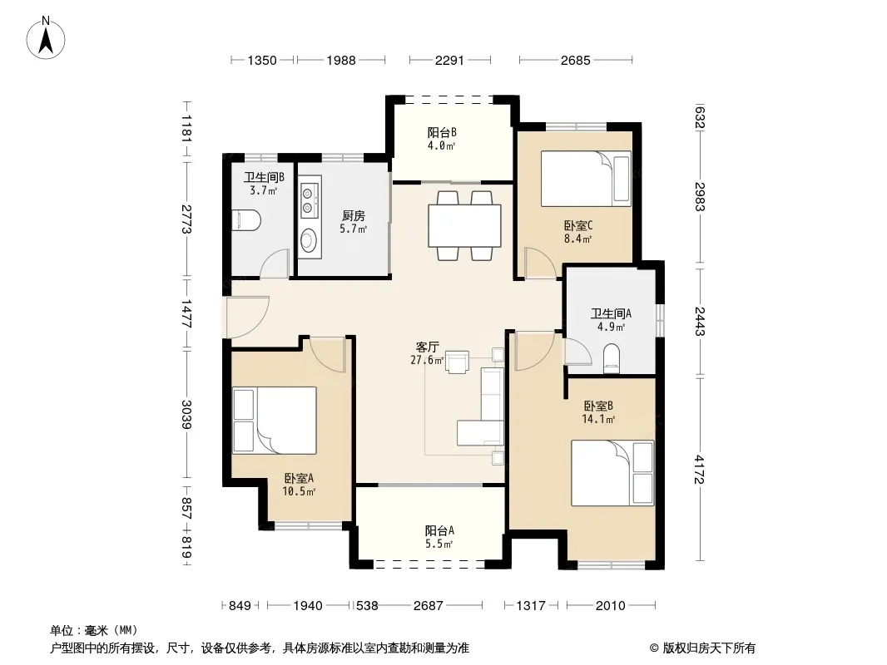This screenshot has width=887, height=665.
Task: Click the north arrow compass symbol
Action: [x=46, y=38]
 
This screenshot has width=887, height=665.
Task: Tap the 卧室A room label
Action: [x=299, y=478]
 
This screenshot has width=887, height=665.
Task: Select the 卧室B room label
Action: [x=598, y=406]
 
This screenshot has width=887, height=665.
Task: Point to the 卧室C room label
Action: [x=578, y=225]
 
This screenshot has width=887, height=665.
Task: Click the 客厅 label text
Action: [x=427, y=347]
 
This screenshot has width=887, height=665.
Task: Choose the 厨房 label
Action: [x=354, y=215]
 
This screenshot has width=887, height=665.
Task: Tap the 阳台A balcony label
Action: [x=439, y=530]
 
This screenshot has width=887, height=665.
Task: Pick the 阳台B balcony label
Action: [x=442, y=133]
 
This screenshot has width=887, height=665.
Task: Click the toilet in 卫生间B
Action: [x=246, y=220]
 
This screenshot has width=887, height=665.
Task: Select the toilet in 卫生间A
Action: [x=612, y=360]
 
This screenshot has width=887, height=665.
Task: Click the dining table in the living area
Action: [x=464, y=225]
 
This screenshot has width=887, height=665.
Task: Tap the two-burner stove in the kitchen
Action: [x=309, y=200]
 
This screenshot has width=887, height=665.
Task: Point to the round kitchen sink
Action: [x=309, y=241]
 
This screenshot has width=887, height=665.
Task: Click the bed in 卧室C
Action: [x=586, y=179]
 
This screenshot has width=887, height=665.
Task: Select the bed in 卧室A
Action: [x=275, y=421]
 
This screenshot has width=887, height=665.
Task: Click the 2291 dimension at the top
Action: [x=449, y=60]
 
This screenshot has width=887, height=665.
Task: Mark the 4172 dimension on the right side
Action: [x=700, y=469]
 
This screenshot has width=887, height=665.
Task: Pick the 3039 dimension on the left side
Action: [x=186, y=414]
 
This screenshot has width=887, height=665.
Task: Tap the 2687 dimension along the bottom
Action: [x=429, y=606]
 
